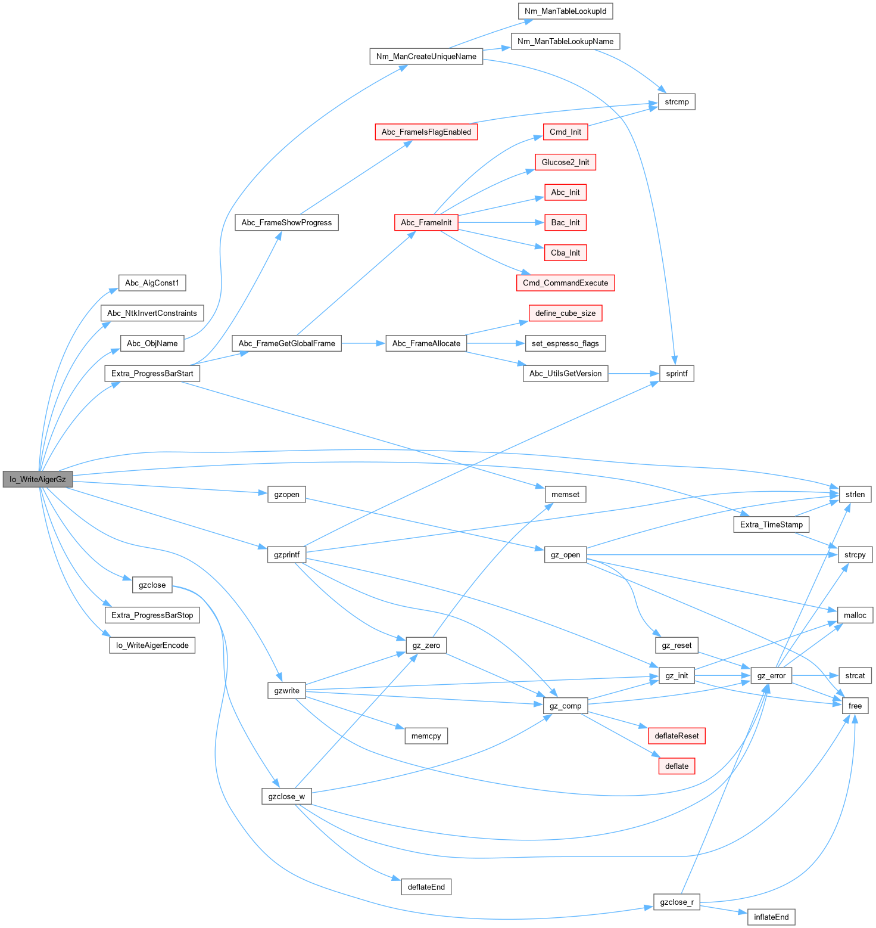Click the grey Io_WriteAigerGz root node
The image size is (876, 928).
click(38, 479)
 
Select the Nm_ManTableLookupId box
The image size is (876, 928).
click(565, 11)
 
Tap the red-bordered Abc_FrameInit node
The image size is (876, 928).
click(426, 223)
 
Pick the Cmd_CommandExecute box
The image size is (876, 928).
click(565, 283)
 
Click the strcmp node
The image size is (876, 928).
click(677, 102)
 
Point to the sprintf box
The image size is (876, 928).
click(677, 374)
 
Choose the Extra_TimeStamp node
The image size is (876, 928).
click(771, 524)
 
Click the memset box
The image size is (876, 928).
click(565, 495)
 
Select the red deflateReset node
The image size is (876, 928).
click(677, 736)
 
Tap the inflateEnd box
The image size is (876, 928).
click(771, 917)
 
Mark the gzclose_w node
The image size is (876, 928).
click(286, 797)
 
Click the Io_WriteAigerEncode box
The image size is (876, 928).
click(152, 645)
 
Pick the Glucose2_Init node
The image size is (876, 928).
click(565, 162)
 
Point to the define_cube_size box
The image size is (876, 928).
click(565, 314)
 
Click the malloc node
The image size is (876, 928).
click(855, 615)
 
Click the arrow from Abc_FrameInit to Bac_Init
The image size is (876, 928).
click(500, 223)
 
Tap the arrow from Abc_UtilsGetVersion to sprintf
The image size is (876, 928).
click(634, 374)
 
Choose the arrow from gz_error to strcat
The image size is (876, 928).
click(815, 675)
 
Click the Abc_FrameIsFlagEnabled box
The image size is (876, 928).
click(426, 132)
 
